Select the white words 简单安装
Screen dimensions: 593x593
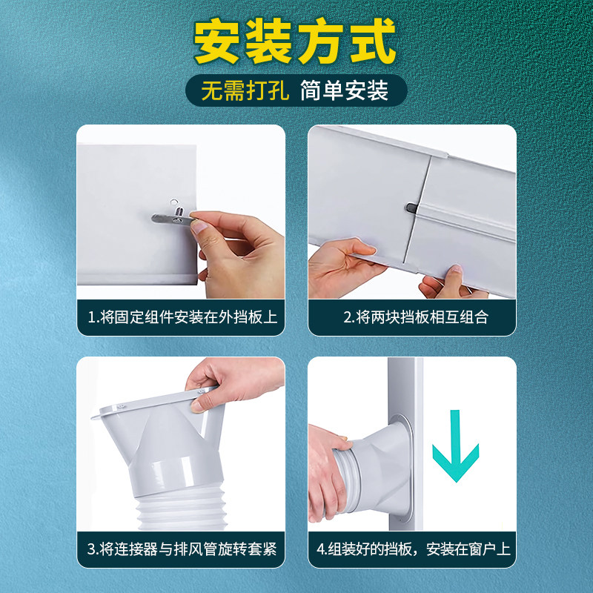coord(344,90)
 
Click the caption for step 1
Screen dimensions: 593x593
coord(182,317)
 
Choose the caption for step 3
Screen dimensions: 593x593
coord(182,549)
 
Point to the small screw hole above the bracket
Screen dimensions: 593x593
coord(173,200)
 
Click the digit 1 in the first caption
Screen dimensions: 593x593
coord(91,317)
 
